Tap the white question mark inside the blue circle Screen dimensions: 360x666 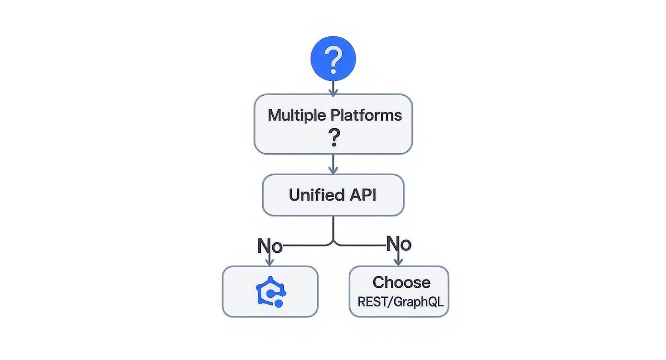tap(333, 59)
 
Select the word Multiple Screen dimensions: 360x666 tap(296, 115)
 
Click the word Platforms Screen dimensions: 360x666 tap(366, 115)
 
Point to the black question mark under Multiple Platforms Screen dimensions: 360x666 tap(333, 138)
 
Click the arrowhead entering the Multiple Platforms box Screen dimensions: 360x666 tap(333, 91)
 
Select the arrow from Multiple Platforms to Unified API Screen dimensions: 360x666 tap(333, 164)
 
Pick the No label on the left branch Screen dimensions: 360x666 tap(270, 246)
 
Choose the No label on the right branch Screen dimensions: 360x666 tap(398, 244)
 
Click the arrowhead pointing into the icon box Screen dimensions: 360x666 tap(270, 262)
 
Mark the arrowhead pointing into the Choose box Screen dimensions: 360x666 tap(398, 262)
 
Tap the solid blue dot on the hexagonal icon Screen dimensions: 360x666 tap(279, 304)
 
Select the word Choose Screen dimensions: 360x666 tap(401, 282)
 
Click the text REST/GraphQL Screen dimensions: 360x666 tap(400, 302)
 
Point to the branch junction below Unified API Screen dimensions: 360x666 tap(333, 241)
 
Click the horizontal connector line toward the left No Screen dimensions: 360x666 tap(306, 246)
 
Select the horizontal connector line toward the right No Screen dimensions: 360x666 tap(361, 246)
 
